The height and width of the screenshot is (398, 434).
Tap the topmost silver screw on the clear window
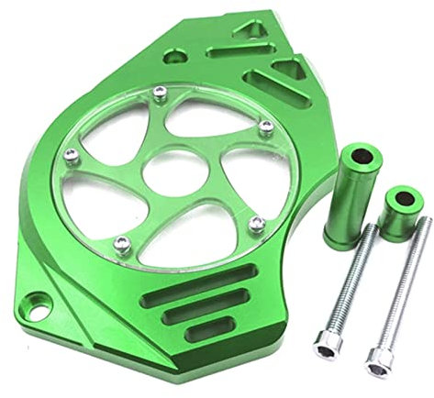(160, 90)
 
